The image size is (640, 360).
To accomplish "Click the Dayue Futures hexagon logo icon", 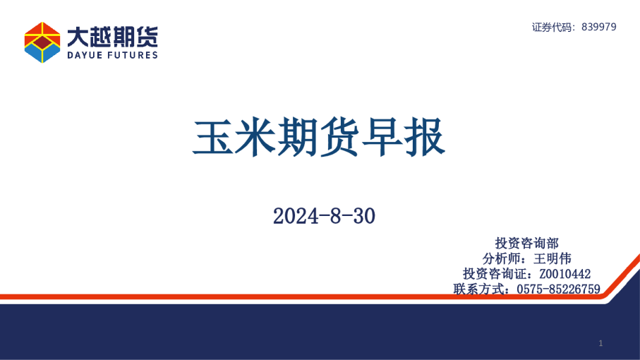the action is click(42, 42).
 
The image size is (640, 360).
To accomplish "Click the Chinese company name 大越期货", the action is click(113, 37).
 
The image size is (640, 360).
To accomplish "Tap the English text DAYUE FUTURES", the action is click(113, 55).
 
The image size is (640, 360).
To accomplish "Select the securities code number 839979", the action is click(599, 27).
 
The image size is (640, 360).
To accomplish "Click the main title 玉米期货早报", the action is click(319, 137).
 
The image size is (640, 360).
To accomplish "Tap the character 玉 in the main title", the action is click(213, 137).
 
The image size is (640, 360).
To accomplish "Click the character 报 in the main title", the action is click(425, 137).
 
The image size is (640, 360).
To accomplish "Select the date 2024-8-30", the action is click(324, 216).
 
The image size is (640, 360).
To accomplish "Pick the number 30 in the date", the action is click(364, 216).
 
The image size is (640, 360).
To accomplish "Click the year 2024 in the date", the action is click(296, 216).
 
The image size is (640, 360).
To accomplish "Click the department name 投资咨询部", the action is click(526, 244).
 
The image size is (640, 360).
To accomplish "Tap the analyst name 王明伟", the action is click(553, 258).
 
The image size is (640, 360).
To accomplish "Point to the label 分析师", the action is click(501, 258).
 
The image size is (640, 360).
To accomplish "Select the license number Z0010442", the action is click(565, 274).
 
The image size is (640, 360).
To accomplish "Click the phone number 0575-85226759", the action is click(558, 289).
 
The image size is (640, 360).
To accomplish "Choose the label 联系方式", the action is click(478, 289).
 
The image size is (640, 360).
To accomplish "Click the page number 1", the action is click(600, 343).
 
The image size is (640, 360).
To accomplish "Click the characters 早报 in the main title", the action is click(404, 137).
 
